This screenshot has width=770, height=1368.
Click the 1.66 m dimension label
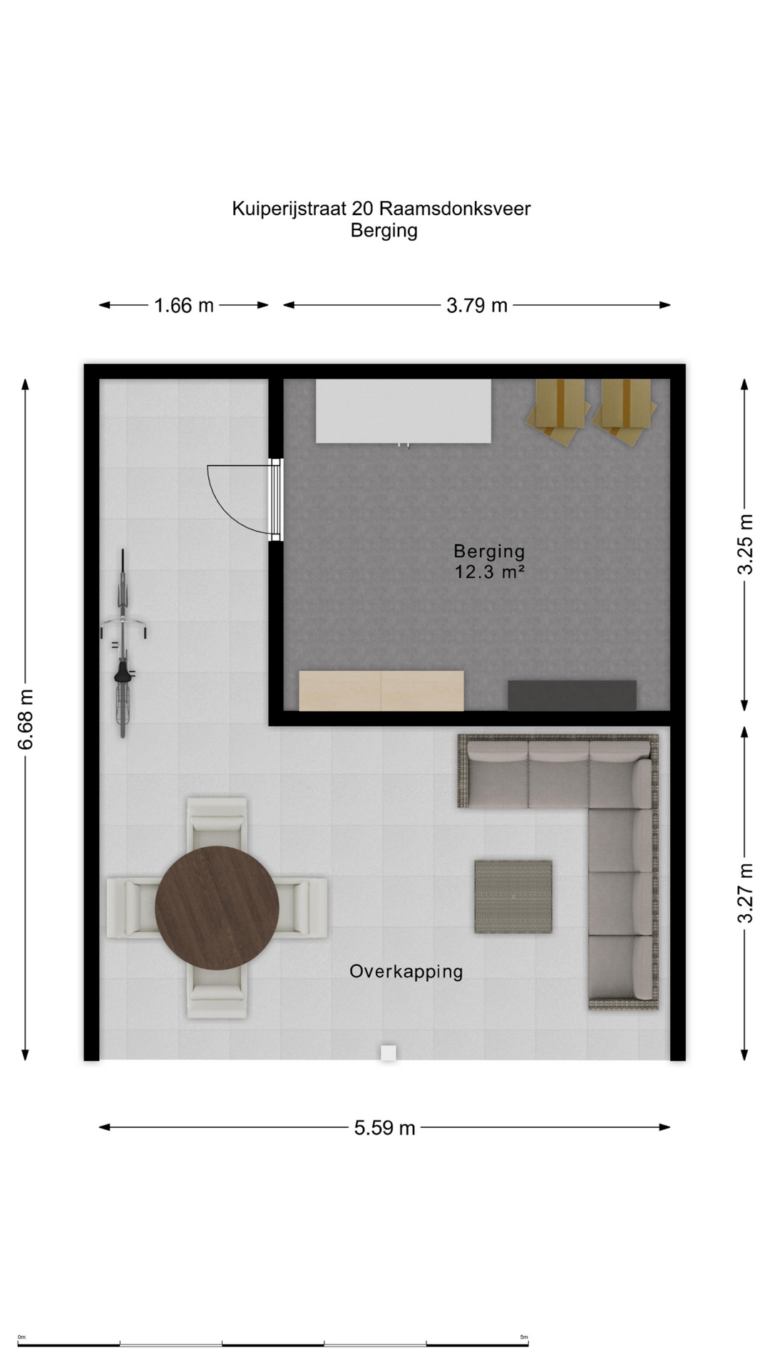(x=184, y=306)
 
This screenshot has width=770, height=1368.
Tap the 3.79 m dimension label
(x=477, y=306)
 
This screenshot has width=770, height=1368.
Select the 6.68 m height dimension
(x=26, y=720)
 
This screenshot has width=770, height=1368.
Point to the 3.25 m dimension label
(x=745, y=544)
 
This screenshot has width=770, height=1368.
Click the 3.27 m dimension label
(x=745, y=893)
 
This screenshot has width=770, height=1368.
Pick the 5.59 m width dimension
(x=384, y=1128)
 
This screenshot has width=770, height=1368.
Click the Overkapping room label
(x=406, y=972)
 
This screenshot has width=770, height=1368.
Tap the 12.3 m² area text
(x=490, y=571)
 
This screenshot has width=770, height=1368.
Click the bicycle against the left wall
(x=123, y=643)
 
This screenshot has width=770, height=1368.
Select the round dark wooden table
(x=217, y=908)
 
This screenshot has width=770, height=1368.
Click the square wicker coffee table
(x=513, y=896)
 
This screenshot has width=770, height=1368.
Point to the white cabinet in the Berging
(x=404, y=411)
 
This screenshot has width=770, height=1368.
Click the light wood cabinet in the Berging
(x=381, y=690)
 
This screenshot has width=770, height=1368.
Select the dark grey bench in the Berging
(x=572, y=695)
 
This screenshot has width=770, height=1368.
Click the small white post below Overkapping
(x=388, y=1053)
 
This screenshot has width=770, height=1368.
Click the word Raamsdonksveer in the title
(x=455, y=209)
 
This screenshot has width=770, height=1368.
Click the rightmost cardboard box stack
(x=625, y=411)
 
